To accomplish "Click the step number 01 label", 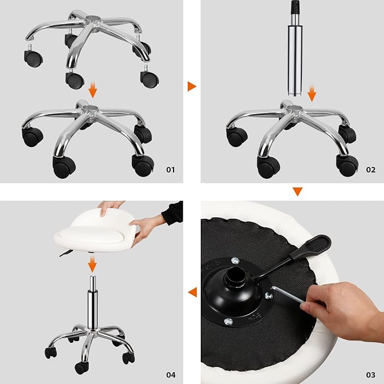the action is [x=171, y=170].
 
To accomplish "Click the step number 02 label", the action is [x=370, y=170].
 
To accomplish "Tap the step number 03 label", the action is [x=370, y=375].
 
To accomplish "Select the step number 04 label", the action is [x=171, y=375].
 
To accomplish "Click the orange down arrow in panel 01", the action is [x=93, y=90].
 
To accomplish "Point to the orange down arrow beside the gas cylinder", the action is [x=312, y=93].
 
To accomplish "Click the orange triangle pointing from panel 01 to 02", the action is [x=192, y=86].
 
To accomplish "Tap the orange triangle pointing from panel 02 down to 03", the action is [x=297, y=191].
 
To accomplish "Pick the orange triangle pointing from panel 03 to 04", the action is [x=192, y=292].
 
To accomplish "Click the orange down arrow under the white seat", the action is [x=92, y=264].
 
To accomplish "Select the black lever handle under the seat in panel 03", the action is [x=311, y=247].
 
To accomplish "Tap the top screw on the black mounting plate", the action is [x=235, y=261].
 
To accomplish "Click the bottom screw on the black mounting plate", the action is [x=228, y=321].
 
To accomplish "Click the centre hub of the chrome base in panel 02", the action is [x=295, y=108].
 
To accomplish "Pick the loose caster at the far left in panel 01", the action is [x=33, y=56].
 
